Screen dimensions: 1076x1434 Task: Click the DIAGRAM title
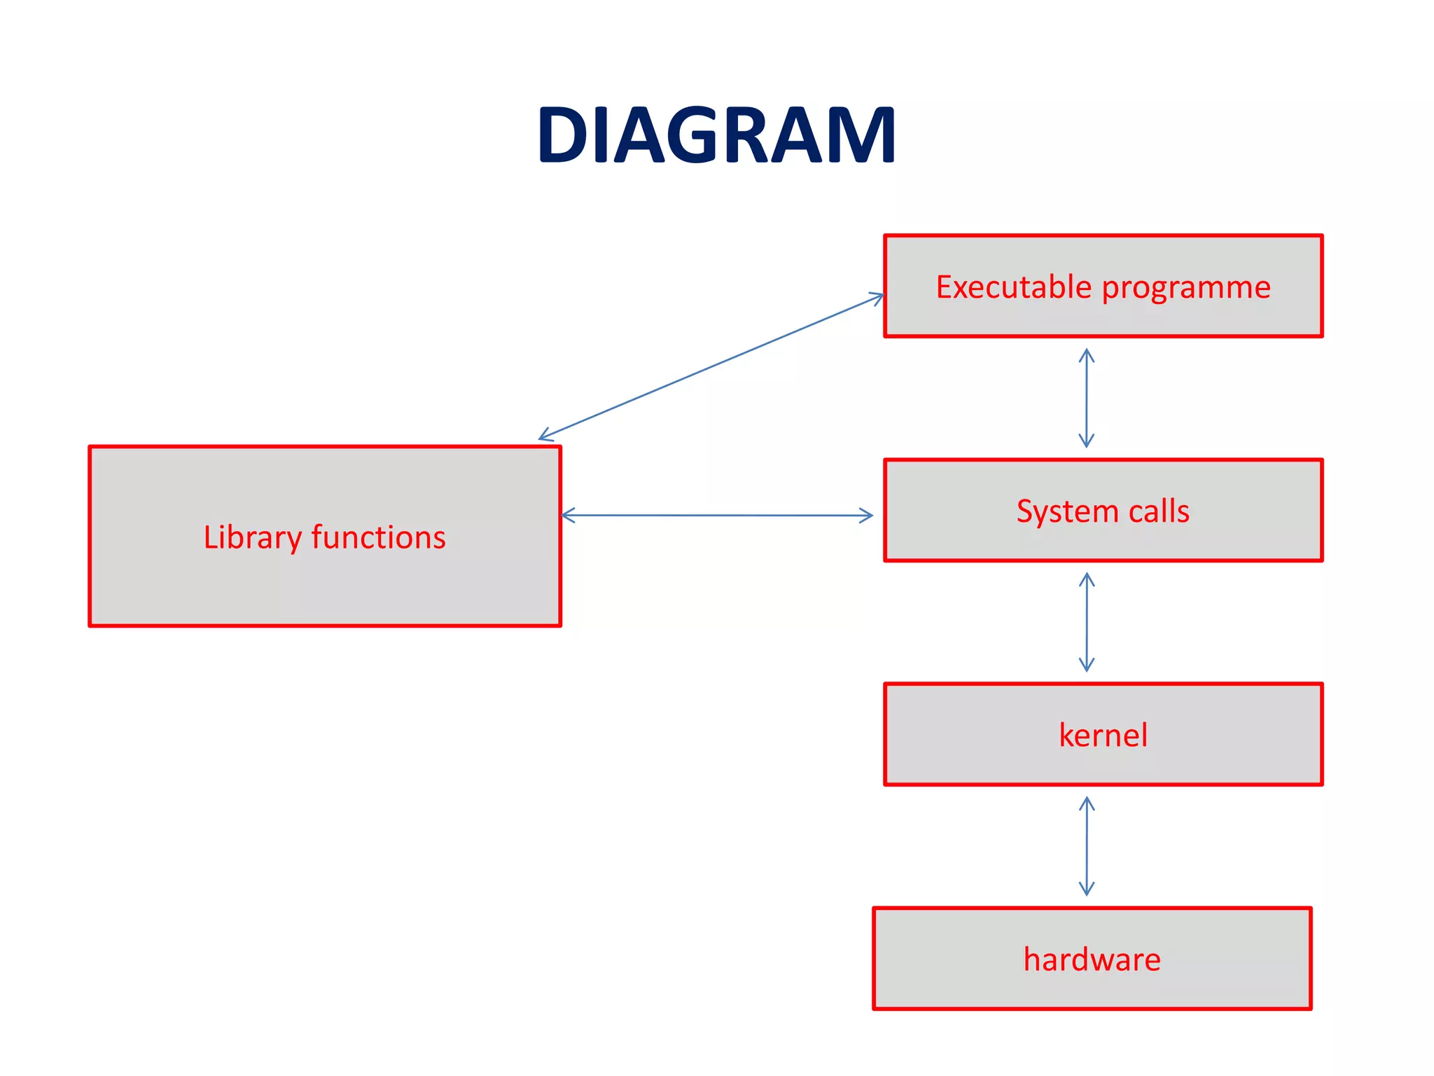pyautogui.click(x=716, y=134)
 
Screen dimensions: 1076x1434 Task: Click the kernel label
pyautogui.click(x=1103, y=735)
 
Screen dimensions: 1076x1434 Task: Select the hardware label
pyautogui.click(x=1092, y=959)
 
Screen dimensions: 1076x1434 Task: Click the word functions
pyautogui.click(x=378, y=537)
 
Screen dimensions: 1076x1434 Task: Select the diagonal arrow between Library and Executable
pyautogui.click(x=711, y=367)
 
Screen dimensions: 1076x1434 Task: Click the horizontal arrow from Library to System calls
pyautogui.click(x=717, y=516)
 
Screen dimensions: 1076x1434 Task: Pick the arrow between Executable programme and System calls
pyautogui.click(x=1086, y=398)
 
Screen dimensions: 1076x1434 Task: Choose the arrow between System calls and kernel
pyautogui.click(x=1086, y=622)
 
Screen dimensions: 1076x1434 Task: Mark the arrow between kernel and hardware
pyautogui.click(x=1086, y=846)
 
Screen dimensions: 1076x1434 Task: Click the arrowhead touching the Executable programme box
pyautogui.click(x=878, y=297)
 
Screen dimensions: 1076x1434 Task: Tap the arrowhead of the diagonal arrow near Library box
pyautogui.click(x=545, y=436)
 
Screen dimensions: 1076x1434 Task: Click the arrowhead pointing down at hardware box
pyautogui.click(x=1086, y=890)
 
